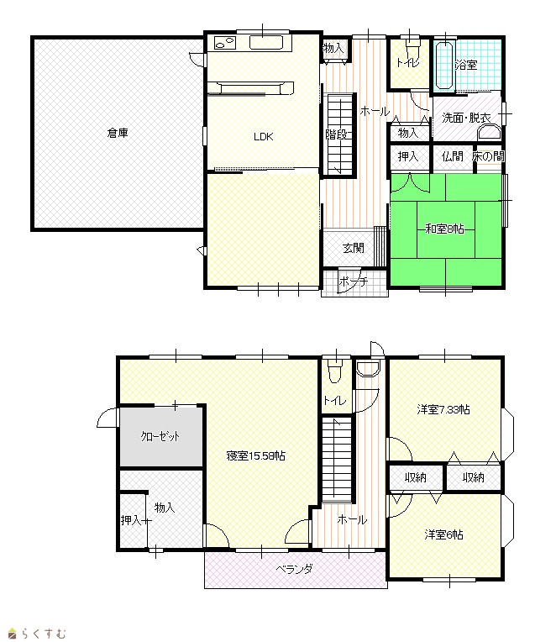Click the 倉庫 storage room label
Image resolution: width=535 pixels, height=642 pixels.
[x=118, y=133]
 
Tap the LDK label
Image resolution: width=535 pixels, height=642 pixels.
[x=263, y=137]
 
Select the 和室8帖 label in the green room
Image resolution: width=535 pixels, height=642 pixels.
[x=444, y=229]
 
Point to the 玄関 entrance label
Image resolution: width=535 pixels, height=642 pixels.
[x=353, y=248]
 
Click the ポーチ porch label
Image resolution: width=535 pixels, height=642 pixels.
[x=354, y=282]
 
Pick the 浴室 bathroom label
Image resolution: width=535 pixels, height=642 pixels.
[x=466, y=65]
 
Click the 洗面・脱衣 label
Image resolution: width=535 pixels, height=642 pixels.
[x=466, y=118]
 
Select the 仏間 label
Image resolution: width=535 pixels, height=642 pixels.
[x=453, y=156]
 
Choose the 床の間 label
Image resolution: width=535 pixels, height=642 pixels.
[x=488, y=156]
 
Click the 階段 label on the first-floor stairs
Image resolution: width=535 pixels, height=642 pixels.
[x=336, y=134]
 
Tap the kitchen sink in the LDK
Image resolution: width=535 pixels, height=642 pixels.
[x=266, y=43]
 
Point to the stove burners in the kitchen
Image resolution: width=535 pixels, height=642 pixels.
[x=224, y=43]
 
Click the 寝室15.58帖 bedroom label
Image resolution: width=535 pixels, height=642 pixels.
[x=256, y=455]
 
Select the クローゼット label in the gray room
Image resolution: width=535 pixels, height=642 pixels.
[x=160, y=436]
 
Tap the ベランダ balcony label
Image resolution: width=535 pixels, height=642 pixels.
[x=295, y=568]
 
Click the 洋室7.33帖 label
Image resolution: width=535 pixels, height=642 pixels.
[x=443, y=409]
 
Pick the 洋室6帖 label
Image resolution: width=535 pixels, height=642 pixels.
[x=443, y=534]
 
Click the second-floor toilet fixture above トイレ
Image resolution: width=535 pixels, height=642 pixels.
[x=335, y=371]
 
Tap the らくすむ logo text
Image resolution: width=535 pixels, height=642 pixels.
[x=43, y=634]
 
